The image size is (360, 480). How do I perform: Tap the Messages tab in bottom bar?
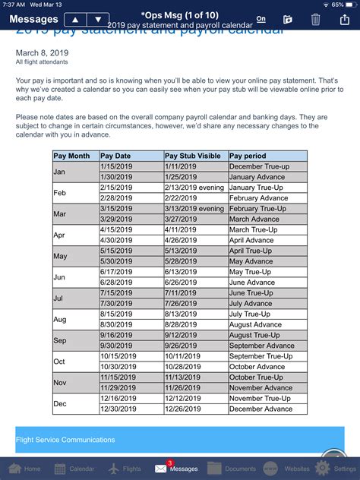(x=177, y=467)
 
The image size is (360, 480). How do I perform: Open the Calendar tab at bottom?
(x=74, y=468)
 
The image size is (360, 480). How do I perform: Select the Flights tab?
(x=125, y=468)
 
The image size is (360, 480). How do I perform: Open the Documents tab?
(x=232, y=468)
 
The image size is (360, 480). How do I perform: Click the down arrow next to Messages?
(x=97, y=19)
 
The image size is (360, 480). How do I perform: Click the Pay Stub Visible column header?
(x=195, y=156)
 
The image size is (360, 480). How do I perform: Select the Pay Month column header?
(x=73, y=156)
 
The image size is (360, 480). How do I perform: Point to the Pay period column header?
(x=267, y=156)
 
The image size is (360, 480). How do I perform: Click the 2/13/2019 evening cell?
(x=195, y=187)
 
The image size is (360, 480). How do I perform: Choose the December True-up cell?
(x=267, y=166)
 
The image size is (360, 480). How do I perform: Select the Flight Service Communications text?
(x=66, y=440)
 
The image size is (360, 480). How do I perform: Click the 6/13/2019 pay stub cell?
(x=195, y=272)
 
